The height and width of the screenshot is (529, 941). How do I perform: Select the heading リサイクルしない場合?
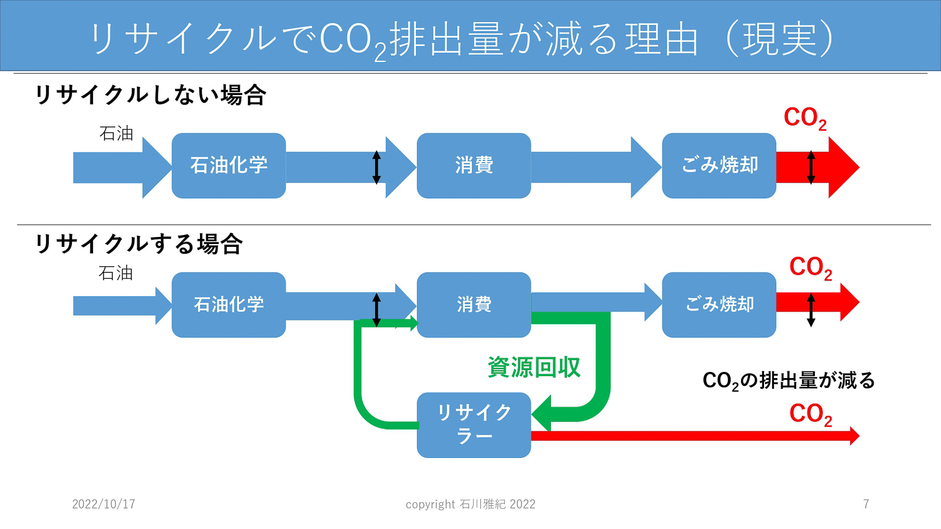point(150,95)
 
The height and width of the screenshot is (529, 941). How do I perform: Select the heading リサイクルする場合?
point(139,244)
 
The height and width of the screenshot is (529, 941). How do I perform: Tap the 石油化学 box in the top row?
point(228,166)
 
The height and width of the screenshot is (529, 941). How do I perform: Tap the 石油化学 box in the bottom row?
point(228,305)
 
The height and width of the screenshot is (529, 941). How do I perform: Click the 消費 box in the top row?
point(473,166)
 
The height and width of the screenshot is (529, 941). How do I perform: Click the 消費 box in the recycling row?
point(473,305)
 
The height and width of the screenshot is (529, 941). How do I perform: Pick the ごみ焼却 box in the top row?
point(718,166)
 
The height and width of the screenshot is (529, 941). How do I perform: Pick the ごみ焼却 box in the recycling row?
point(718,305)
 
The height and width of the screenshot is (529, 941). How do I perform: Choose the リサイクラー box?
point(473,425)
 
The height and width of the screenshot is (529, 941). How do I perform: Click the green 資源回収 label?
point(534,367)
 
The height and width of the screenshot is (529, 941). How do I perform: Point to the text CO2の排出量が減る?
point(788,381)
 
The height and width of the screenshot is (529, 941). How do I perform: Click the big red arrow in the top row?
point(838,167)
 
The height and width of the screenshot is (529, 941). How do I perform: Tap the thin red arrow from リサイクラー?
point(686,435)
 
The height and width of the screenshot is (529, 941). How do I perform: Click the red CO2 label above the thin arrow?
point(810,414)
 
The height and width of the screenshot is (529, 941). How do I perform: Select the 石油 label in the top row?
point(116,133)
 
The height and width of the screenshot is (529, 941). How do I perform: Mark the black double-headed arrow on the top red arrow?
point(811,167)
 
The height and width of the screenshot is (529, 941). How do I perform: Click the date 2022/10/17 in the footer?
point(103,504)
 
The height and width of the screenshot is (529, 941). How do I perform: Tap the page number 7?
point(866,504)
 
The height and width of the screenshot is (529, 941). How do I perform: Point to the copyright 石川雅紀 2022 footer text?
point(470,504)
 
